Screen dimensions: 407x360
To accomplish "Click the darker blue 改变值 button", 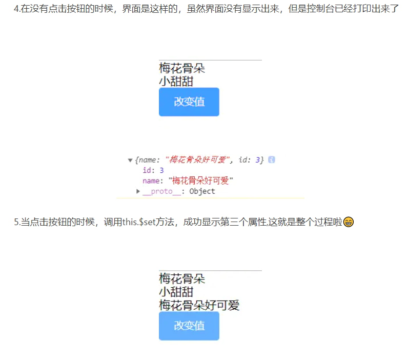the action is [189, 102].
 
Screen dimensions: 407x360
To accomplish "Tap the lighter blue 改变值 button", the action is [189, 326].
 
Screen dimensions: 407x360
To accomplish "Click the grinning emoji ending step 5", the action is [349, 222].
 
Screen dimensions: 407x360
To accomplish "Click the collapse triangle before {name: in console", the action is [130, 161].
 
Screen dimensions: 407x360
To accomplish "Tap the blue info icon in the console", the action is [272, 160].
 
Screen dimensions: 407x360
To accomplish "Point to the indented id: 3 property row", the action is [153, 170].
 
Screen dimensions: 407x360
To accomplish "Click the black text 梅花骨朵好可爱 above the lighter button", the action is [199, 306].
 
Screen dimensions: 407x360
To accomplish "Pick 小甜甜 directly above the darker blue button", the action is [176, 81].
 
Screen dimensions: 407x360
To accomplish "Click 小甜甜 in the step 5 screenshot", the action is [176, 292].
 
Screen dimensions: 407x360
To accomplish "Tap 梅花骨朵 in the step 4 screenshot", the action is [181, 68].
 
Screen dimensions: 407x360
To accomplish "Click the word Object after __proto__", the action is [202, 191].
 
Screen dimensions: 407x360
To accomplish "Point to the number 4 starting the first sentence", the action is [16, 9].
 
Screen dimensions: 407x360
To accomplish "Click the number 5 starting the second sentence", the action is [16, 222].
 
